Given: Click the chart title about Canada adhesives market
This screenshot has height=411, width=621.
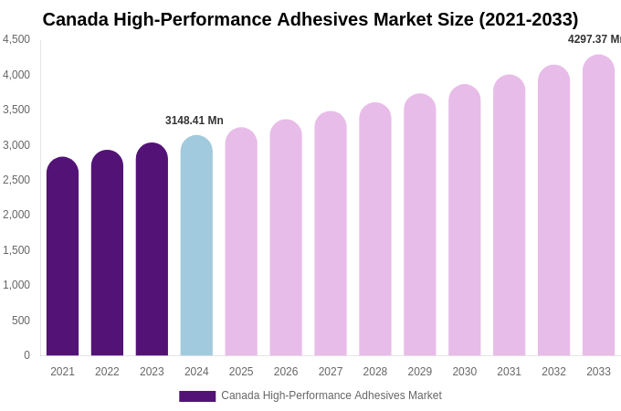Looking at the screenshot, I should pyautogui.click(x=310, y=19).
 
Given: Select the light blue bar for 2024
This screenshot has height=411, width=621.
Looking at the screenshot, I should pyautogui.click(x=196, y=247).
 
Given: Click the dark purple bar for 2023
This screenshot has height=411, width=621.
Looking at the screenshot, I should pyautogui.click(x=152, y=250).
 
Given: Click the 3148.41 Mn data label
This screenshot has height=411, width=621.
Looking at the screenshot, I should pyautogui.click(x=195, y=121).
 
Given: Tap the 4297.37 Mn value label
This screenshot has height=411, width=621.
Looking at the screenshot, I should pyautogui.click(x=595, y=39).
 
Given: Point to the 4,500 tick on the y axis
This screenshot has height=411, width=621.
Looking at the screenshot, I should pyautogui.click(x=16, y=39).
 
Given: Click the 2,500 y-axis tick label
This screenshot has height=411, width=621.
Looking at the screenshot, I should pyautogui.click(x=16, y=180).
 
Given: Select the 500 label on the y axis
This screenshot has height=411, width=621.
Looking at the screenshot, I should pyautogui.click(x=21, y=321).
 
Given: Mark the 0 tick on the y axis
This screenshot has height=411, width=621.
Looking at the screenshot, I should pyautogui.click(x=26, y=355).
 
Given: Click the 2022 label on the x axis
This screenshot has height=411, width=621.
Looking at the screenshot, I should pyautogui.click(x=107, y=372).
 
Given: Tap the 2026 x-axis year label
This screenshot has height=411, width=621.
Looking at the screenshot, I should pyautogui.click(x=286, y=372).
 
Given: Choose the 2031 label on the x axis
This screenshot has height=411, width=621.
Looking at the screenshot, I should pyautogui.click(x=509, y=372).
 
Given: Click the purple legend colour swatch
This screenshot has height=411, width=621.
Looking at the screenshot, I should pyautogui.click(x=197, y=396).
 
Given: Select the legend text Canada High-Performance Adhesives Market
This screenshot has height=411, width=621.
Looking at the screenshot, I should pyautogui.click(x=332, y=395).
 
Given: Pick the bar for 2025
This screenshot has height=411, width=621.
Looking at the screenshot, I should pyautogui.click(x=241, y=243).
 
